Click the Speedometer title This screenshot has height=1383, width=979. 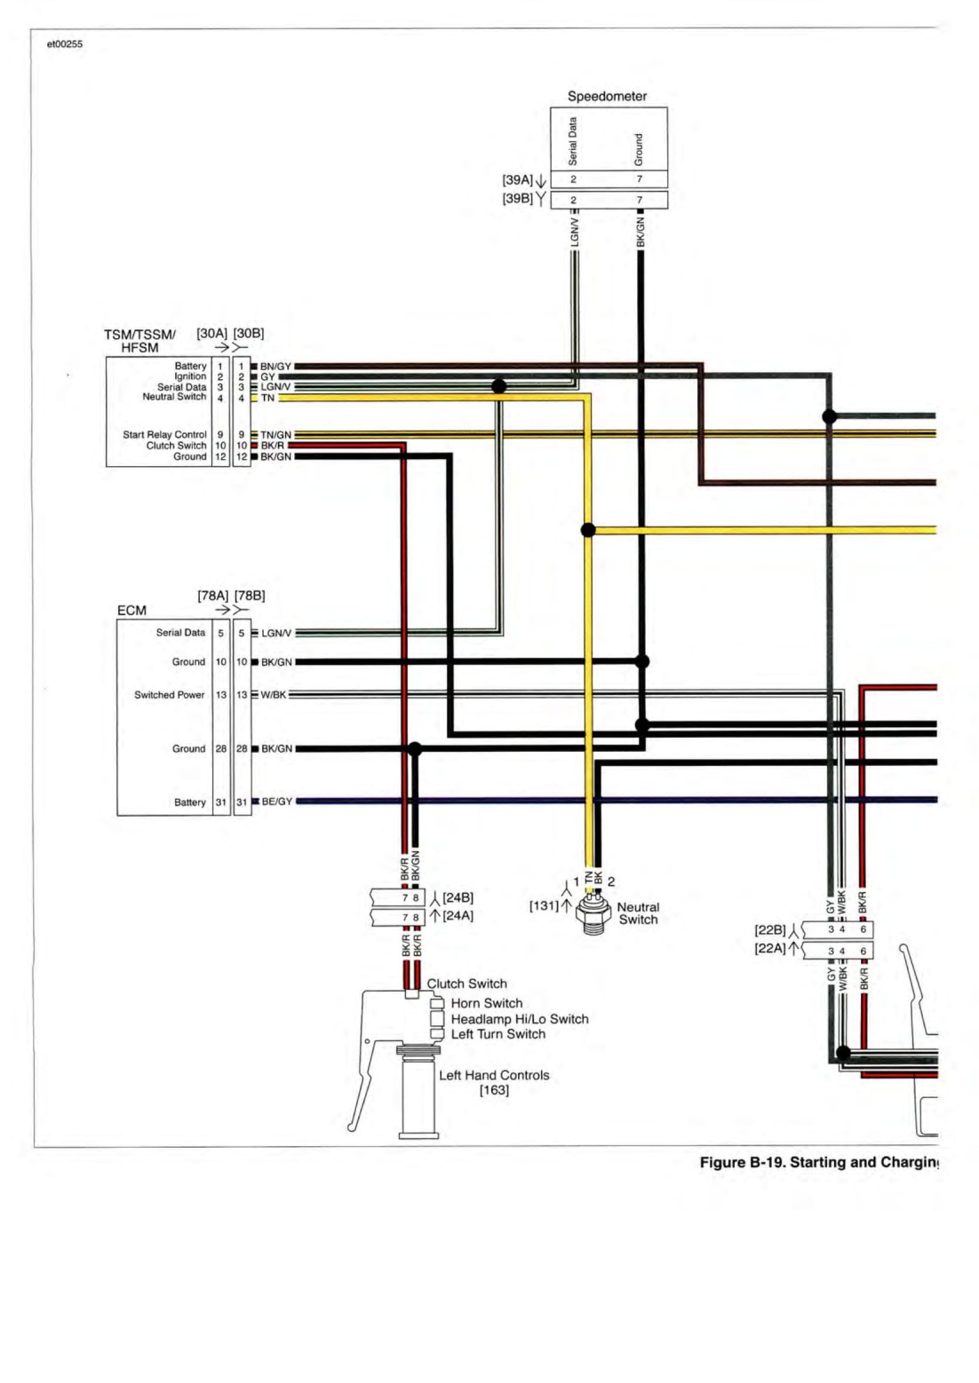[x=607, y=97]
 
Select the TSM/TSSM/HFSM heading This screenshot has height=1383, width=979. [x=139, y=341]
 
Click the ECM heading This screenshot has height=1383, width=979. [x=131, y=611]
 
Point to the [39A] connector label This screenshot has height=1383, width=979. [x=517, y=179]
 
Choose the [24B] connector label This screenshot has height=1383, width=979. [x=458, y=897]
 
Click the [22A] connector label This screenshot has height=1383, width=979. [x=770, y=948]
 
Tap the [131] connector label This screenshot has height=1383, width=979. [x=544, y=905]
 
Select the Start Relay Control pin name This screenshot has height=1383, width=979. [x=164, y=435]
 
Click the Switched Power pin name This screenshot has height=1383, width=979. [x=170, y=694]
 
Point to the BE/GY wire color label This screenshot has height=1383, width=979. [x=276, y=802]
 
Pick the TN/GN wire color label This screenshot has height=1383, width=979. [x=275, y=435]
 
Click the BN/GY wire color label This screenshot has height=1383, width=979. [x=275, y=366]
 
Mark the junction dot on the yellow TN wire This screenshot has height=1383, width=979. [x=588, y=530]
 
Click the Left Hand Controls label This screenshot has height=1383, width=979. [x=494, y=1082]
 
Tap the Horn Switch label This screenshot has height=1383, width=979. [x=487, y=1003]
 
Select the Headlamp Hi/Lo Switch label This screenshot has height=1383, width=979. [x=519, y=1019]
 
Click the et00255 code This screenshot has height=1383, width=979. [x=64, y=44]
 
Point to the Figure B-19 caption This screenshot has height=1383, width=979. [x=820, y=1162]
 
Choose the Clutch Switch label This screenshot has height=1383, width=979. [x=466, y=984]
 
